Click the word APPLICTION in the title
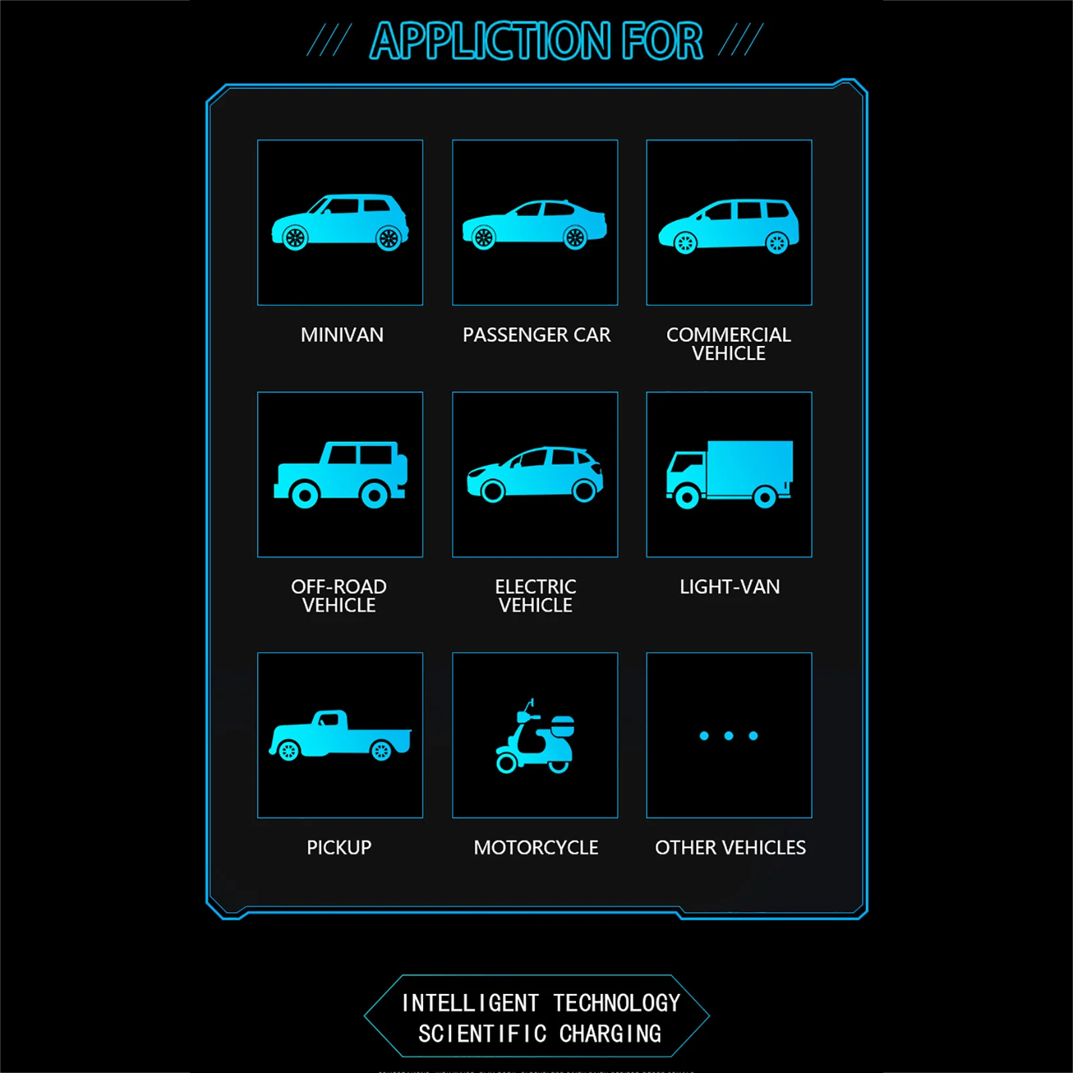tap(490, 42)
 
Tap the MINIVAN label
tap(342, 335)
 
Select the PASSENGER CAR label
tap(536, 335)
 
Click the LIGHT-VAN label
tap(730, 587)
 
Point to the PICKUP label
tap(339, 848)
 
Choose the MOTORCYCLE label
tap(536, 848)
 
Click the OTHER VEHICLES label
tap(730, 848)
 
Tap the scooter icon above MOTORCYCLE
tap(534, 738)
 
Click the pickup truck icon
tap(340, 735)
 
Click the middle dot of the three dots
tap(728, 736)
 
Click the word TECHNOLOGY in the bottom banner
tap(616, 1003)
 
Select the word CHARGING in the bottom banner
tap(610, 1034)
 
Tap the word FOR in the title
tap(662, 42)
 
